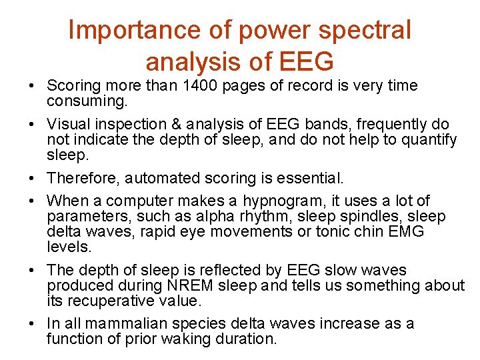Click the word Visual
[x=67, y=125]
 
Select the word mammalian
[x=127, y=324]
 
